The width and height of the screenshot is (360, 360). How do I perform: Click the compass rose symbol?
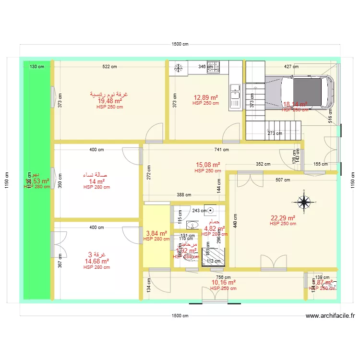(x=304, y=202)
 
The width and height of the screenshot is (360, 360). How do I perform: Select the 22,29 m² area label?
(x=282, y=218)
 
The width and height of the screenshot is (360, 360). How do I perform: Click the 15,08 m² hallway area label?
(x=207, y=165)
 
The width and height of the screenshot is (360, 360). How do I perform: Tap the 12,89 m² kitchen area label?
(x=205, y=97)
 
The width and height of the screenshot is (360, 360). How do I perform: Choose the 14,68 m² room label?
(x=96, y=261)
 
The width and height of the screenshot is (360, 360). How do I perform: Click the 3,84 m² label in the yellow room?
(x=156, y=233)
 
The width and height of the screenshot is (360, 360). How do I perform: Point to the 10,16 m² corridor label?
(x=223, y=283)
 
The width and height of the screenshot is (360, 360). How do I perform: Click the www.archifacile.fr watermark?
(x=330, y=316)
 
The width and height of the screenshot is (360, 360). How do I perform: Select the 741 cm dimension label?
(x=221, y=150)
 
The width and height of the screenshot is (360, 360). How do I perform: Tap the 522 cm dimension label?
(x=110, y=67)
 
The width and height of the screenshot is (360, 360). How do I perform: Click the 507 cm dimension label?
(x=283, y=180)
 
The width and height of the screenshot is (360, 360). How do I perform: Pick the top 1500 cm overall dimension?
(x=180, y=44)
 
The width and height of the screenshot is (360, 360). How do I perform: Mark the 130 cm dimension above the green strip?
(x=37, y=67)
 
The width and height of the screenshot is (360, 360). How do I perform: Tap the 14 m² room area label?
(x=96, y=181)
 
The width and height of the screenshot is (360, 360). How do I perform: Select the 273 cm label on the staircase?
(x=274, y=133)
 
